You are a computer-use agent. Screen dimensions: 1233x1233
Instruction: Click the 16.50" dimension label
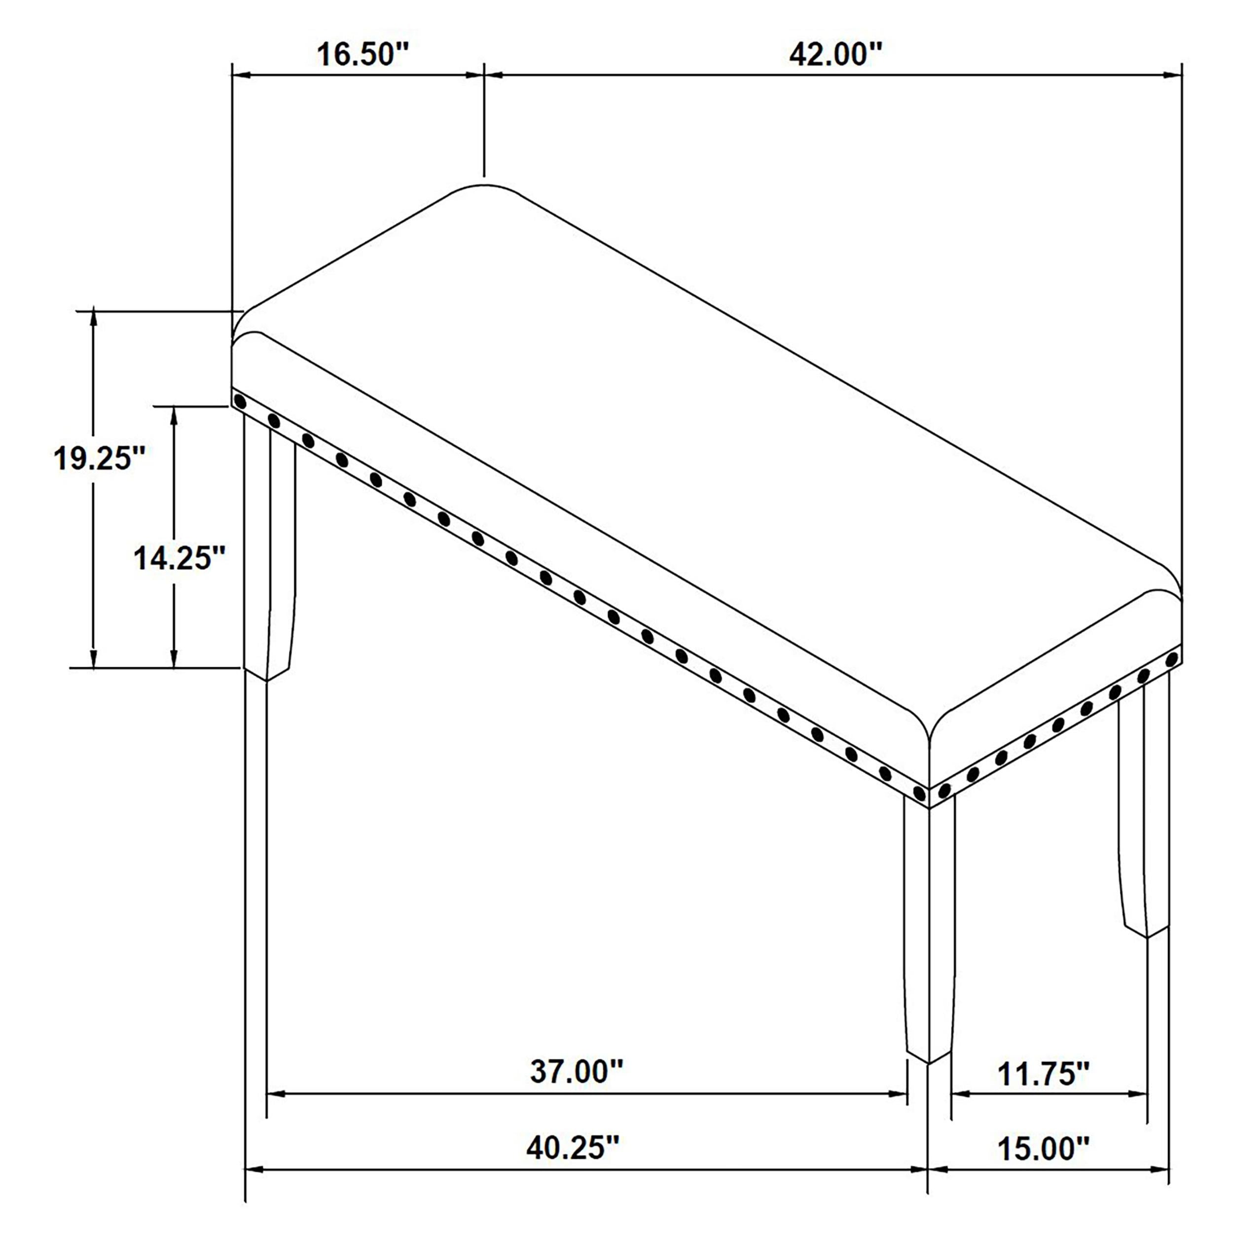pos(363,54)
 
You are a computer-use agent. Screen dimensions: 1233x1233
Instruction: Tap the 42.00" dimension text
pos(835,54)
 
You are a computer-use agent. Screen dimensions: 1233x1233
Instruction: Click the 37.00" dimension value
pos(576,1071)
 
